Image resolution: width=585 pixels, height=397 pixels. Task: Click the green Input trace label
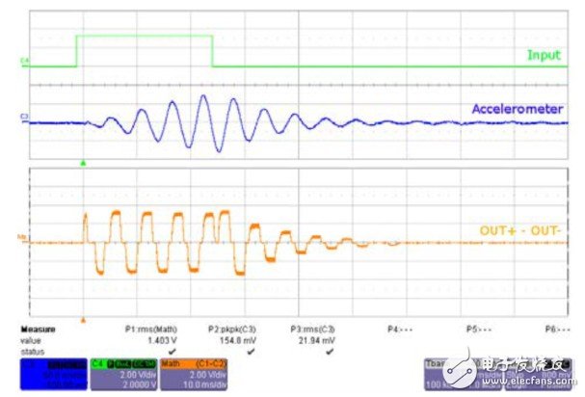543,55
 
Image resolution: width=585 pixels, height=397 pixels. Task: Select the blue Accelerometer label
517,110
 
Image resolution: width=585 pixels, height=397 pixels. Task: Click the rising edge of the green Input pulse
77,51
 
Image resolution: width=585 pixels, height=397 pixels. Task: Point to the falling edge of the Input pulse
212,51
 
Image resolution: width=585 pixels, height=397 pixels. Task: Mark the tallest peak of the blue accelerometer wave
203,97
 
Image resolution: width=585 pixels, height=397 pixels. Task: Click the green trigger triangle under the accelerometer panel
84,164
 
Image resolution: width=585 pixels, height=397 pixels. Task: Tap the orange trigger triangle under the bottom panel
84,317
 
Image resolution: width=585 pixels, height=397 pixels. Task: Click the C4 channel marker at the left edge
23,65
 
